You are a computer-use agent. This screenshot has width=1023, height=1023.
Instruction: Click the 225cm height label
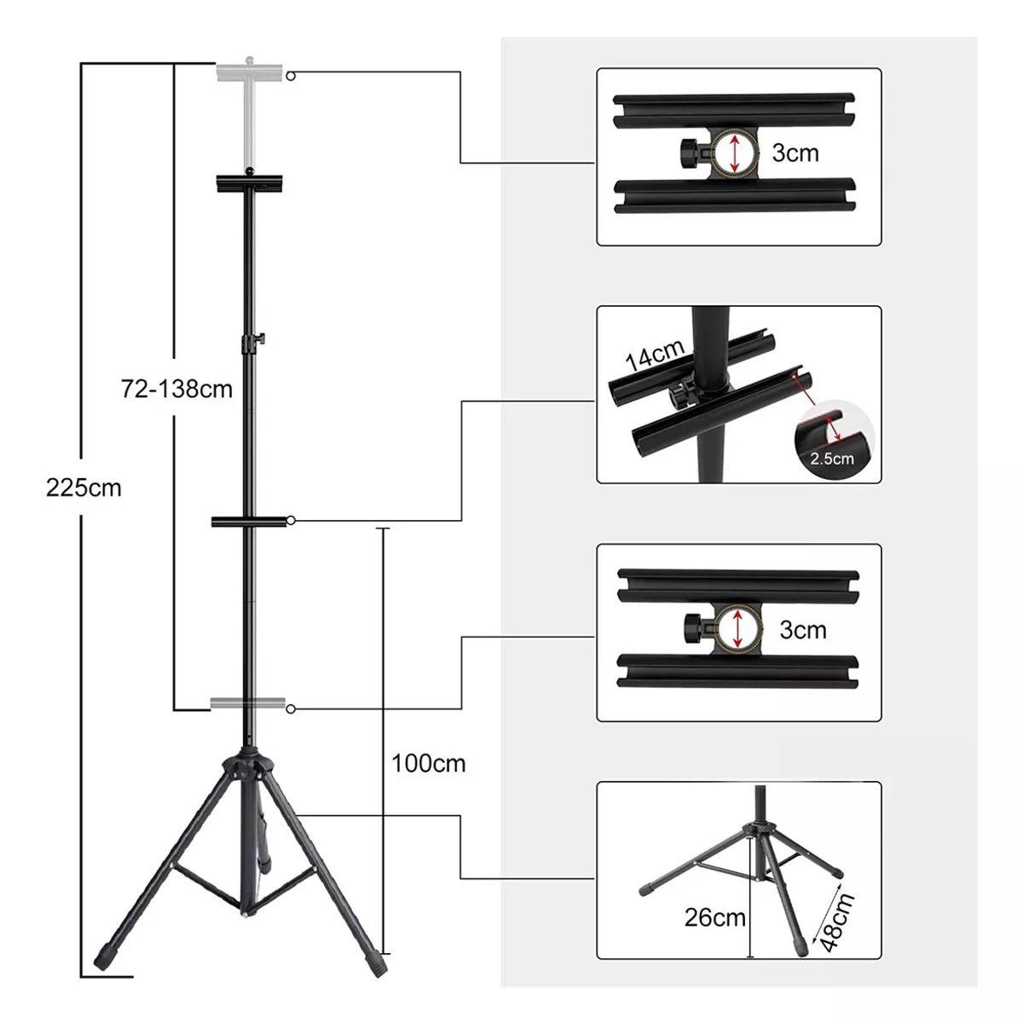click(x=84, y=488)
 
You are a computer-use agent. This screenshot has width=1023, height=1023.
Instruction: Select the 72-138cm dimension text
click(x=176, y=390)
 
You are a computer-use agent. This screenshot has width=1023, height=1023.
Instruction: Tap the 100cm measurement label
click(x=429, y=762)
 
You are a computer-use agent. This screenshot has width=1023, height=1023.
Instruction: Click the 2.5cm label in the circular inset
click(x=832, y=459)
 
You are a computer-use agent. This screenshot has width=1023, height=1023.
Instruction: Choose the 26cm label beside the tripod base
click(x=714, y=918)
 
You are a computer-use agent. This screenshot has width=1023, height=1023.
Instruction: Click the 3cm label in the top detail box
click(x=795, y=153)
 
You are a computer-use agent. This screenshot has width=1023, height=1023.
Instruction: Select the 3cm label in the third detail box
click(x=802, y=630)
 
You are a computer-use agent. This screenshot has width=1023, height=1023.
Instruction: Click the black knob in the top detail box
click(x=686, y=152)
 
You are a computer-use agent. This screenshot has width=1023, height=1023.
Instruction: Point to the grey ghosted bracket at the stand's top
click(x=250, y=73)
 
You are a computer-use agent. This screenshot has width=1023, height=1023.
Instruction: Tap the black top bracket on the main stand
click(x=249, y=182)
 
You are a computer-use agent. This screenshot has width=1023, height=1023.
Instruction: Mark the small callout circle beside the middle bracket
click(x=292, y=520)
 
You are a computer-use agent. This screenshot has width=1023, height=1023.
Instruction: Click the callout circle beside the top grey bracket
click(x=292, y=75)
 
